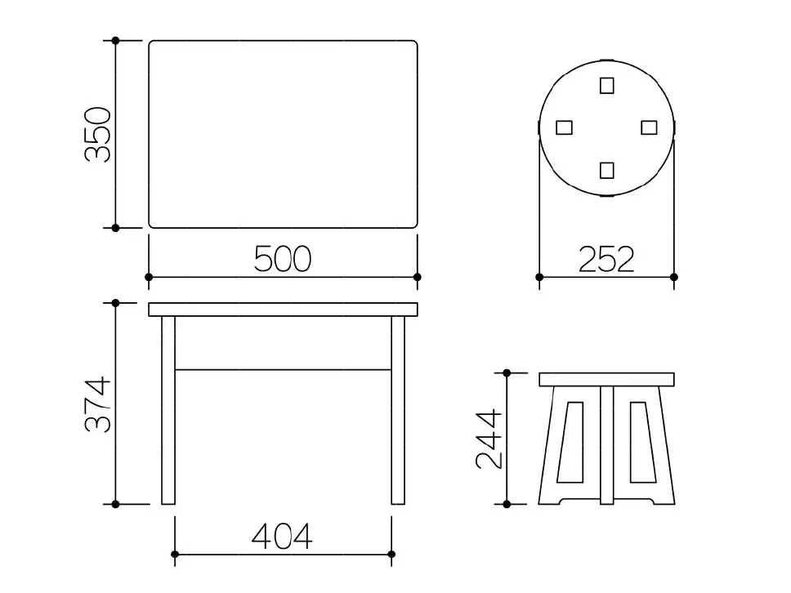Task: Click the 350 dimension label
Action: pos(97,135)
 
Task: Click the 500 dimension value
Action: pos(283,259)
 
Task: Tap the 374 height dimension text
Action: pos(97,404)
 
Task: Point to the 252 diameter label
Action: pos(606,259)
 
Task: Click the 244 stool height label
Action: pos(489,439)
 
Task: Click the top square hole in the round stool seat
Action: pos(607,86)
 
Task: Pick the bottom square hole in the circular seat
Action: pos(607,171)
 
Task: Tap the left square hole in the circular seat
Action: pos(564,127)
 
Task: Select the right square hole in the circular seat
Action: pos(650,127)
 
